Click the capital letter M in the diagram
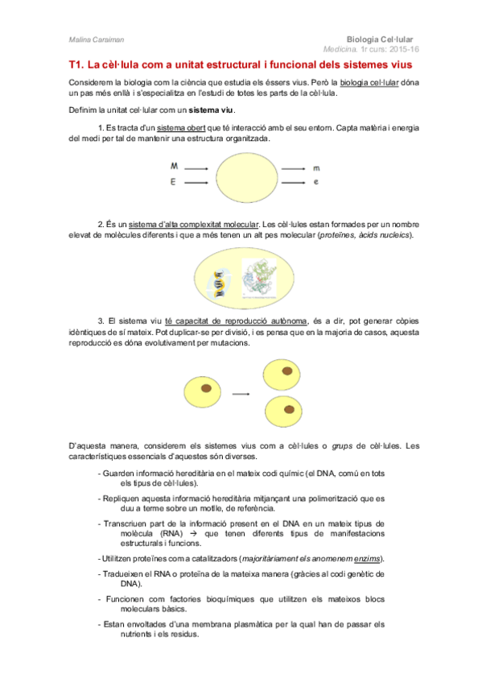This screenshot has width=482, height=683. tap(174, 166)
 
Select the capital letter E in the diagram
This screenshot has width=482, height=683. tap(173, 183)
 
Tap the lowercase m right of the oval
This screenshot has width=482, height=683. tap(316, 168)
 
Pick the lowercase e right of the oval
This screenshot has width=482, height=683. tap(316, 183)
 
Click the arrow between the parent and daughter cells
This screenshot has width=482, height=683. tap(241, 392)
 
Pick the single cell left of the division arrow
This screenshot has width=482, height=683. tap(202, 391)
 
